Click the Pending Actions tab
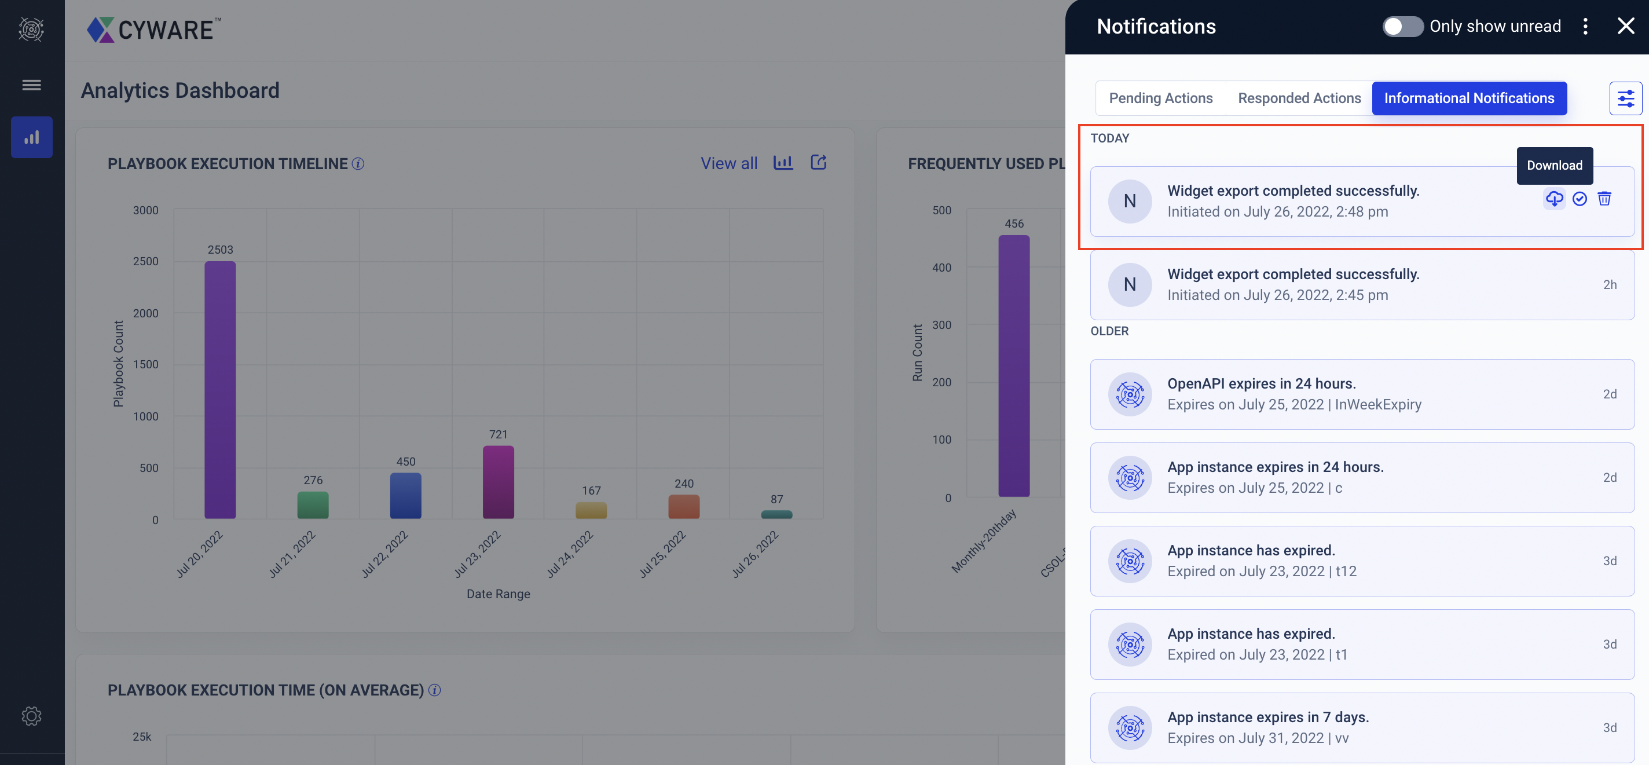[1160, 98]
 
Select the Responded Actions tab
[1299, 98]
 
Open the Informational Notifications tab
[1468, 98]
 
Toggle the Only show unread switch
[1402, 26]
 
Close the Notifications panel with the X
[1625, 26]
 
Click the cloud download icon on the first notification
[1553, 199]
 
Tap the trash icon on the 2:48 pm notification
[1604, 199]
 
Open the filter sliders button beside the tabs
[1625, 98]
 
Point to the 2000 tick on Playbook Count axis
[145, 313]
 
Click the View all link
[728, 163]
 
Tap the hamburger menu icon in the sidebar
[31, 85]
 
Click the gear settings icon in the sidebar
[31, 716]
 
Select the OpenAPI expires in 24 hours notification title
[1261, 383]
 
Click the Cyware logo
[154, 30]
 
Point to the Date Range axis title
[498, 594]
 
